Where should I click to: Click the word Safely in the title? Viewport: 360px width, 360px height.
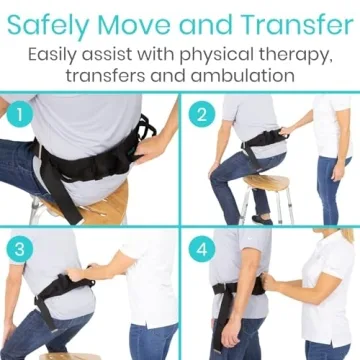(58, 21)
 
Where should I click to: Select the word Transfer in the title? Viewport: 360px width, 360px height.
(291, 21)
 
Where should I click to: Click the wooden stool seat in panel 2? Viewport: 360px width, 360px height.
(262, 184)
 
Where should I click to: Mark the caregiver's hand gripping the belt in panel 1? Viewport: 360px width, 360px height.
(149, 146)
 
